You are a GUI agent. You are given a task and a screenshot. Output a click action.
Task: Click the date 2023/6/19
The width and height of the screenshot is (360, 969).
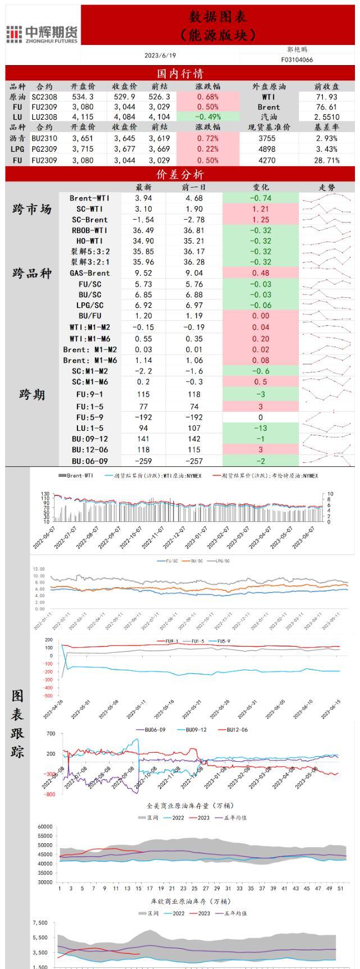pyautogui.click(x=160, y=55)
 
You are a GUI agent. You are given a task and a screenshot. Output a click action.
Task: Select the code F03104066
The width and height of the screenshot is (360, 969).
pyautogui.click(x=297, y=60)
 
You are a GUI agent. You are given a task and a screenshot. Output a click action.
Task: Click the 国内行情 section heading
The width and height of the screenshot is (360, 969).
pyautogui.click(x=180, y=74)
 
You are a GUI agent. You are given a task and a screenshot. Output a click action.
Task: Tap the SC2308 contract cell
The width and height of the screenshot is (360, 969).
pyautogui.click(x=44, y=97)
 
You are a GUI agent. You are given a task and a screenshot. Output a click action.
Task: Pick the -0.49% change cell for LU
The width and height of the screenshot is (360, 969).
pyautogui.click(x=207, y=117)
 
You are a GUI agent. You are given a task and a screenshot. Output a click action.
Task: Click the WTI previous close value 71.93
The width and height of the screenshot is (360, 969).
pyautogui.click(x=326, y=97)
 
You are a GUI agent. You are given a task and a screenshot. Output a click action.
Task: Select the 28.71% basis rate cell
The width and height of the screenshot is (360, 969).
pyautogui.click(x=327, y=160)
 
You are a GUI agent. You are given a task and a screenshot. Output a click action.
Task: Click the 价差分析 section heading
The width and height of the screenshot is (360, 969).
pyautogui.click(x=180, y=175)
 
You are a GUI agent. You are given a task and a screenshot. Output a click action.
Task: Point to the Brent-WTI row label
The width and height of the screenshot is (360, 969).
pyautogui.click(x=89, y=198)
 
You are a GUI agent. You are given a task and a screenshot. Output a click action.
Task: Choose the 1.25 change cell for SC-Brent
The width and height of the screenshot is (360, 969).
pyautogui.click(x=260, y=220)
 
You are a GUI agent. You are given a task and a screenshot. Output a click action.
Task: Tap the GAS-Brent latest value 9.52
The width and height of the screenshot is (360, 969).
pyautogui.click(x=144, y=273)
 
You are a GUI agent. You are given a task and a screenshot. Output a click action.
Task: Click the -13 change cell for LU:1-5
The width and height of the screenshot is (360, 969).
pyautogui.click(x=260, y=428)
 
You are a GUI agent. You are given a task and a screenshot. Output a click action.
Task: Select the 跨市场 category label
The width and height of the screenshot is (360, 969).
pyautogui.click(x=32, y=209)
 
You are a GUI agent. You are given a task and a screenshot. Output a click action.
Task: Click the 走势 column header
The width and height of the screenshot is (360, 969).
pyautogui.click(x=327, y=187)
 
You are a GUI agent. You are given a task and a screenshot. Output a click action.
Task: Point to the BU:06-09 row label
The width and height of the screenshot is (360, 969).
pyautogui.click(x=89, y=461)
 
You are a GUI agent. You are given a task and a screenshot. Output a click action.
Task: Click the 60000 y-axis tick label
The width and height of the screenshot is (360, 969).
pyautogui.click(x=44, y=826)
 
